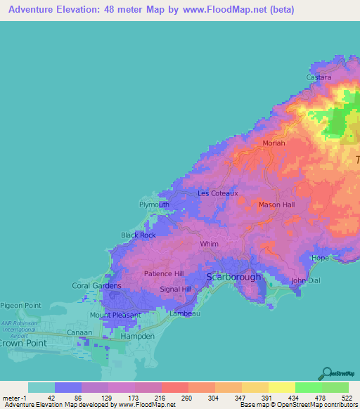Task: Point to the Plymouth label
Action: click(154, 204)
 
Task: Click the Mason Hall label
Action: click(276, 204)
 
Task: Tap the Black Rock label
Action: click(139, 235)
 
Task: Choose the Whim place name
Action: click(209, 244)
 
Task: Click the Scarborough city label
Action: click(233, 277)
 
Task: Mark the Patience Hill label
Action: click(164, 273)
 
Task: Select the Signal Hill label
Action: click(176, 289)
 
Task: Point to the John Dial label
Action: click(306, 280)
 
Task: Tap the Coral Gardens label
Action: click(97, 286)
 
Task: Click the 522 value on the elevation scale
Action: click(345, 398)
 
